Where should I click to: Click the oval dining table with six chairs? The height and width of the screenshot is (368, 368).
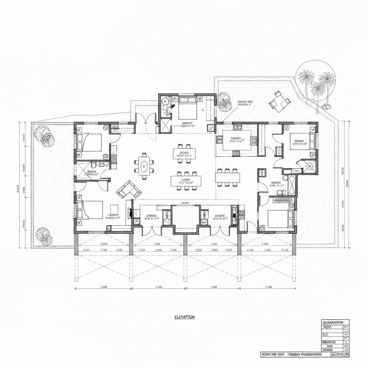pos(144,166)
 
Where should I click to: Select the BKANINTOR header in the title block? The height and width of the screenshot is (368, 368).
pos(334,322)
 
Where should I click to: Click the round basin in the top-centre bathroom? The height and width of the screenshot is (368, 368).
pos(164,101)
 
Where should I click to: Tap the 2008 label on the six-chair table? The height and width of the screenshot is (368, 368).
pos(186,180)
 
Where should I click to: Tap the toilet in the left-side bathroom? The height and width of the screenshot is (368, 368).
pos(94,165)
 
